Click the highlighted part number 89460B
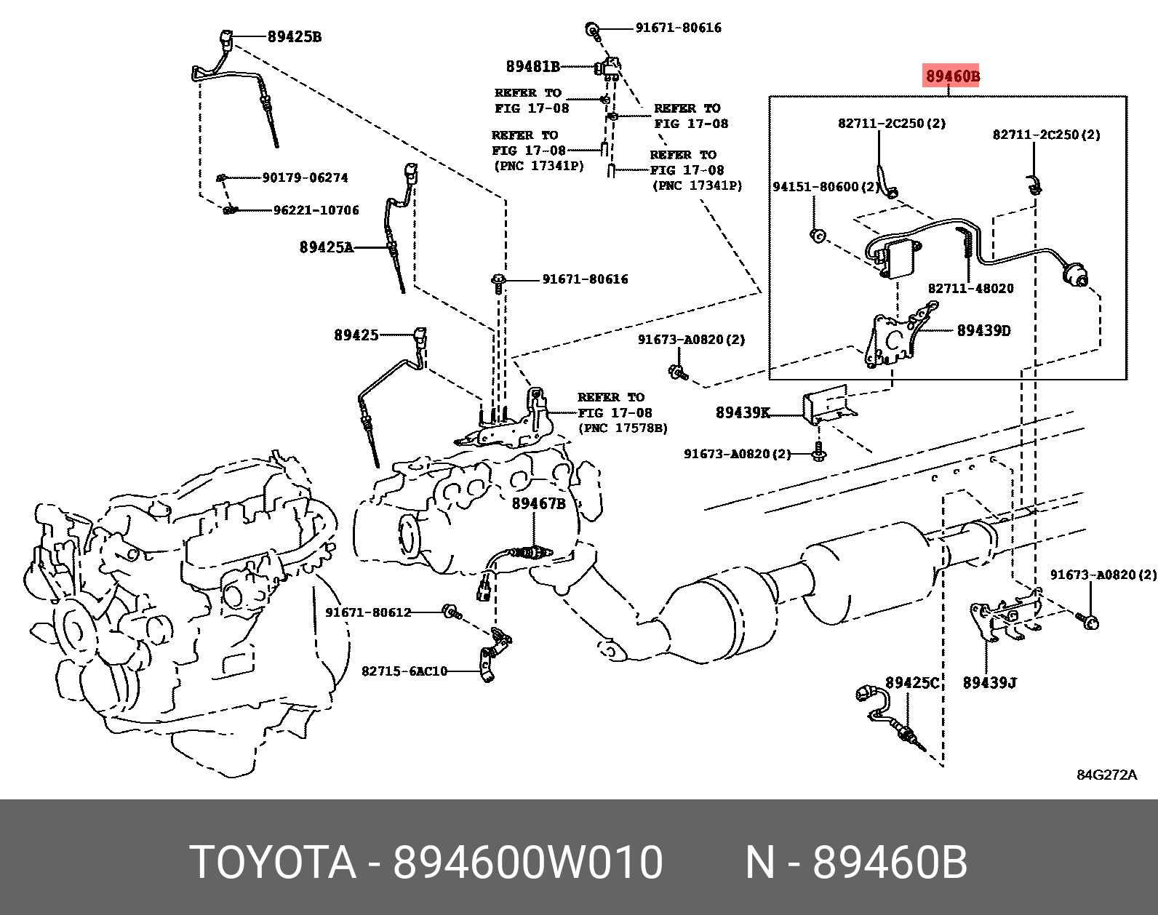coord(951,76)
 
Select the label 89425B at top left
coord(294,36)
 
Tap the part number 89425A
coord(326,247)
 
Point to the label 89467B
coord(538,503)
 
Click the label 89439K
coord(742,413)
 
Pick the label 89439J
coord(989,682)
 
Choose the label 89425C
coord(912,682)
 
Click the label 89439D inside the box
coord(983,330)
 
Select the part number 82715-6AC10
coord(404,671)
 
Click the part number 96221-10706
coord(316,210)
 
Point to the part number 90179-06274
coord(305,177)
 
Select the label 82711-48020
coord(970,288)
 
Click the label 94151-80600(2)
coord(826,187)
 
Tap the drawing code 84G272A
coord(1106,775)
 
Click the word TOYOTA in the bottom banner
coord(273,863)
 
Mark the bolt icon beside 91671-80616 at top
coord(593,30)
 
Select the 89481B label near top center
coord(532,66)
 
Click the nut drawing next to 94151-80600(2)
coord(816,234)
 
